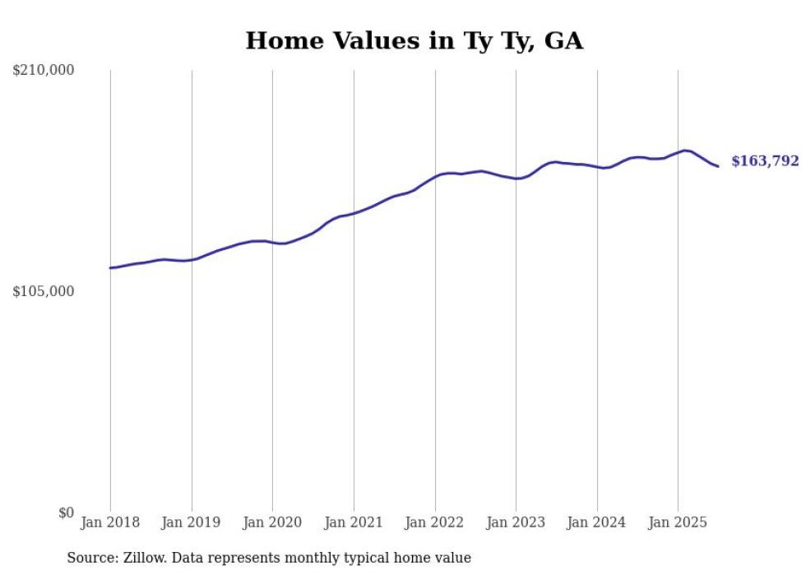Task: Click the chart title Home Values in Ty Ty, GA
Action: point(414,41)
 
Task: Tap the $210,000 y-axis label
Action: point(44,71)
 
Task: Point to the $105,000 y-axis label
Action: point(44,292)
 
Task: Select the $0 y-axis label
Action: point(66,513)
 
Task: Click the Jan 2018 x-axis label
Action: point(110,522)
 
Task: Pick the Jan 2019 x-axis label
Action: point(192,522)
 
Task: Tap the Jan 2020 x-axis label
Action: point(272,522)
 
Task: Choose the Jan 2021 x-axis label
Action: point(354,522)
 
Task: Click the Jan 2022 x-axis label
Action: point(435,522)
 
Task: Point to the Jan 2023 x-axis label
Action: point(516,522)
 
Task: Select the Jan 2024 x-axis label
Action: point(597,522)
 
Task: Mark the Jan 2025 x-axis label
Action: point(678,522)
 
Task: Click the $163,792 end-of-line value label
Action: point(765,161)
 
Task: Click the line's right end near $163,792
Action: point(718,166)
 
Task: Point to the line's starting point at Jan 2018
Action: point(110,267)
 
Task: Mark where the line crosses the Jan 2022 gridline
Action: point(435,176)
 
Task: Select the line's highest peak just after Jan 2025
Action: point(685,151)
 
